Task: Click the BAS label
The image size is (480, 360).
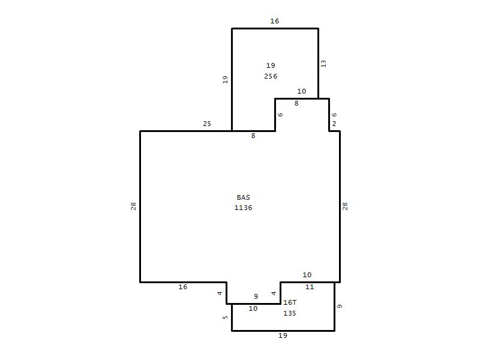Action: pyautogui.click(x=244, y=197)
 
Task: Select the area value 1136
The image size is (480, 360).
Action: pyautogui.click(x=244, y=208)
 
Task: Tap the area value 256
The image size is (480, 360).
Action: pyautogui.click(x=271, y=76)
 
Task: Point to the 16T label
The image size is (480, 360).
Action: pyautogui.click(x=290, y=302)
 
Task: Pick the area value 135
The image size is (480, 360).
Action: pyautogui.click(x=290, y=313)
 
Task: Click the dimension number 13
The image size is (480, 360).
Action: pyautogui.click(x=323, y=64)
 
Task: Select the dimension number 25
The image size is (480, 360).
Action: pyautogui.click(x=207, y=124)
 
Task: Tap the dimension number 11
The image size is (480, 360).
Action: pyautogui.click(x=310, y=287)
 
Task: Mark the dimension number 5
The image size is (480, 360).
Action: pyautogui.click(x=226, y=317)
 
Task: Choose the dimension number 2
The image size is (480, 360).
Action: pyautogui.click(x=334, y=124)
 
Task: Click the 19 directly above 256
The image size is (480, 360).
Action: pyautogui.click(x=271, y=65)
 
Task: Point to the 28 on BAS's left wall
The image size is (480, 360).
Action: pyautogui.click(x=133, y=206)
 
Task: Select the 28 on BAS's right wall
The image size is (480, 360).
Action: pyautogui.click(x=345, y=206)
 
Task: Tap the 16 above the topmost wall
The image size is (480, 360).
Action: pyautogui.click(x=275, y=21)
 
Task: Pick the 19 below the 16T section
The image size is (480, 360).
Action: pyautogui.click(x=283, y=335)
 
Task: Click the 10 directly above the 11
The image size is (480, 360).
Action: pyautogui.click(x=307, y=275)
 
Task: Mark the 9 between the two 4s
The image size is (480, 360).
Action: pyautogui.click(x=256, y=296)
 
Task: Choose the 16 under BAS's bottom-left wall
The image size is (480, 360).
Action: pyautogui.click(x=183, y=287)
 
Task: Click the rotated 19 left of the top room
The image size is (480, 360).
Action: pyautogui.click(x=226, y=80)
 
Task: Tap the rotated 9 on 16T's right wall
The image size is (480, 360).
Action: pyautogui.click(x=340, y=306)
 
